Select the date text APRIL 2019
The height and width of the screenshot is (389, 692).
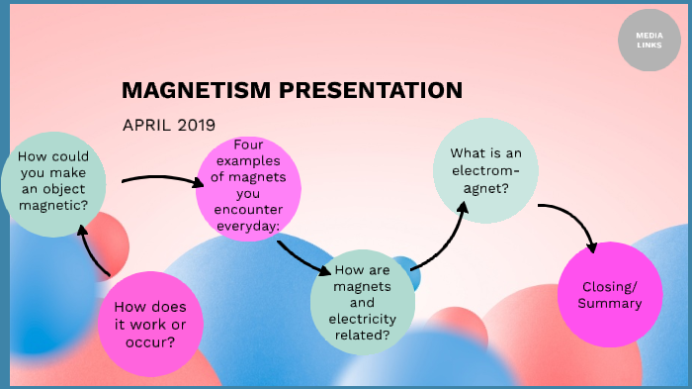click(x=169, y=125)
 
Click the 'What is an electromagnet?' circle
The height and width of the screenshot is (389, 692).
click(x=485, y=169)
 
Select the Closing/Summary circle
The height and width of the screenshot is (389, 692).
click(x=611, y=294)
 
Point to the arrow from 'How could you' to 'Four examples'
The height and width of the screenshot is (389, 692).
click(x=158, y=179)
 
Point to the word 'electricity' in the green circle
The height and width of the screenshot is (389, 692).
click(x=363, y=319)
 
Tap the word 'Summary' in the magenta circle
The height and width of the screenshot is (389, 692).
click(x=611, y=303)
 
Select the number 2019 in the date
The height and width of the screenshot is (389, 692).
click(x=197, y=125)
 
